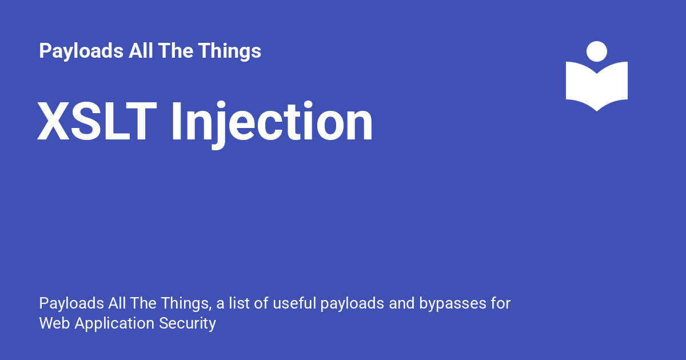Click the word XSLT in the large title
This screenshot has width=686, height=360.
[97, 122]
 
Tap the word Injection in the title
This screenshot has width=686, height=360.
[272, 122]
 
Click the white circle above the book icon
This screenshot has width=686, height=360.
[597, 51]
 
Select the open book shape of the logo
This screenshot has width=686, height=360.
[597, 86]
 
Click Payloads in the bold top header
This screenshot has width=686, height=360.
[80, 51]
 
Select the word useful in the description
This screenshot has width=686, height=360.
[293, 303]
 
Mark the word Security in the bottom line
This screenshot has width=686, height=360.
[188, 324]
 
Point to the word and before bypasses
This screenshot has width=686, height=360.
[401, 303]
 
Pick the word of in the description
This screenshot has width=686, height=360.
[261, 303]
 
